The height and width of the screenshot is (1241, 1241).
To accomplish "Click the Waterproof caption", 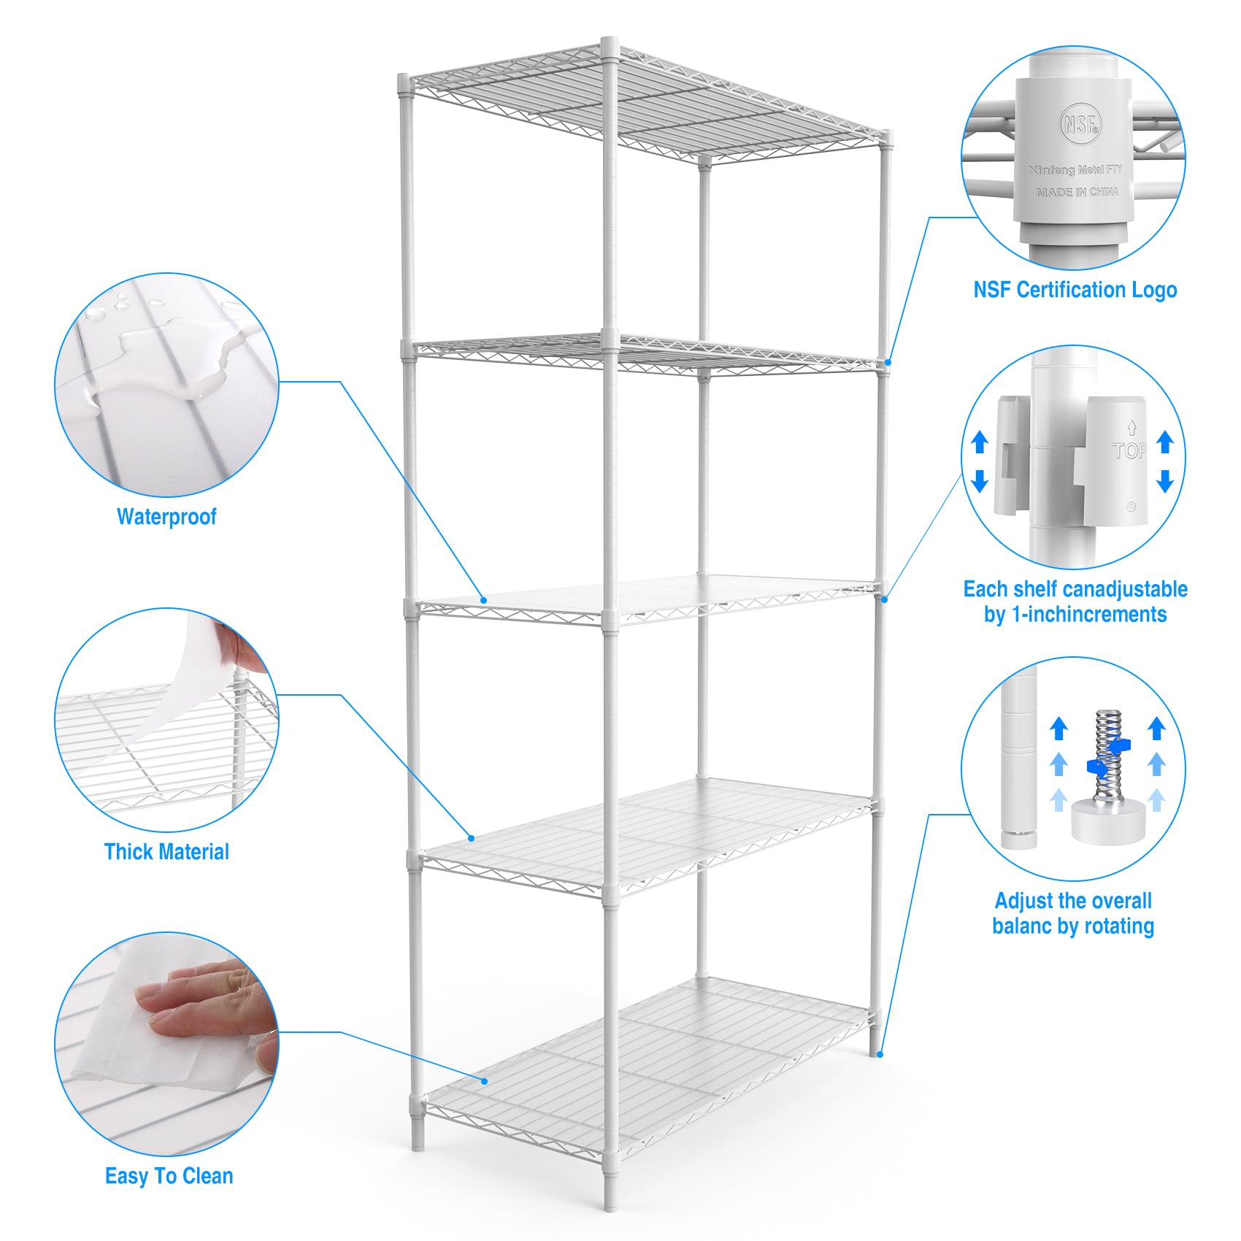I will click(166, 517).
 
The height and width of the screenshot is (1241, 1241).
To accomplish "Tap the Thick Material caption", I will click(166, 852).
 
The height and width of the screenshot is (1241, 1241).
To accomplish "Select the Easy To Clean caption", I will click(169, 1176).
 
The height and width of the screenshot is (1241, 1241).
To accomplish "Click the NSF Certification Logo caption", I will click(1075, 290).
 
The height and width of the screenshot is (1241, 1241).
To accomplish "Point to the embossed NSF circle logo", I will click(1080, 123).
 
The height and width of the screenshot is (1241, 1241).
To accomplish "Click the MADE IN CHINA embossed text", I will click(1077, 192).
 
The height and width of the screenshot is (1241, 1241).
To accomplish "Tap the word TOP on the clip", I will click(1129, 451).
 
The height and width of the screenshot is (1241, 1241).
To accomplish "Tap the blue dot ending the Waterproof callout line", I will click(483, 600).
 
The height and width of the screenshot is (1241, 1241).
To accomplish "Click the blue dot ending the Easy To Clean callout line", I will click(484, 1080).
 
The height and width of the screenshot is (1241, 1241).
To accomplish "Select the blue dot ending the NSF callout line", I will click(888, 363).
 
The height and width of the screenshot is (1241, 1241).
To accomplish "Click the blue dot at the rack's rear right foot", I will click(880, 1053).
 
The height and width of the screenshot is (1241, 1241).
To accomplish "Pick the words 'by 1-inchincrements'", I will click(1075, 615).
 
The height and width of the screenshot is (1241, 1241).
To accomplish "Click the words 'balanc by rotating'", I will click(1072, 926).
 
